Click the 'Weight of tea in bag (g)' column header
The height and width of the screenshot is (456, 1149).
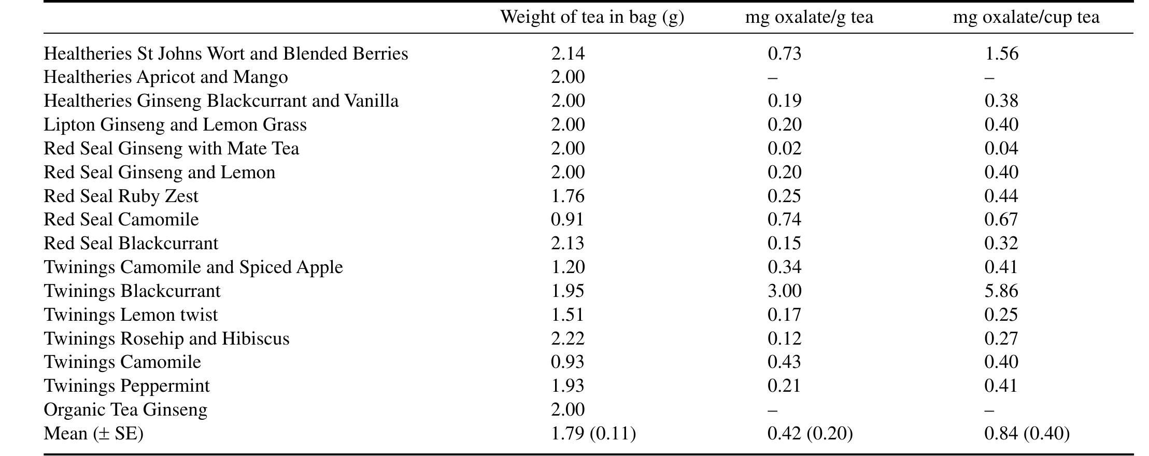tap(592, 18)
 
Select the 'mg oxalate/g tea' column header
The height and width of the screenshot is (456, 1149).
tap(809, 18)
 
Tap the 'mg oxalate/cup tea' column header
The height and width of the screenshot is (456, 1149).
tap(1026, 18)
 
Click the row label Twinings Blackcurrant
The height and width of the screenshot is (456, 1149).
tap(132, 291)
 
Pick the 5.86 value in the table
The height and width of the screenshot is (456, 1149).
tap(1001, 291)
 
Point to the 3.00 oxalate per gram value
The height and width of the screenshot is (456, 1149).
tap(785, 291)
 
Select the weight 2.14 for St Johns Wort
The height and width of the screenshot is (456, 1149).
tap(568, 54)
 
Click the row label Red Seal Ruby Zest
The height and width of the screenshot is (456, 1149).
tap(121, 196)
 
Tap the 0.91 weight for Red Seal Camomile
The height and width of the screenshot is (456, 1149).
tap(568, 220)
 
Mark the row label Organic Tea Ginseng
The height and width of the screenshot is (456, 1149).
tap(125, 410)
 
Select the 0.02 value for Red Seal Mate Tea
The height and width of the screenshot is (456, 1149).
tap(785, 149)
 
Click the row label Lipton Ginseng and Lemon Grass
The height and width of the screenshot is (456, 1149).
tap(175, 125)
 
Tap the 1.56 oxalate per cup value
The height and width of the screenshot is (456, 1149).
tap(1001, 54)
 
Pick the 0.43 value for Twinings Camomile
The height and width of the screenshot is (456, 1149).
tap(785, 362)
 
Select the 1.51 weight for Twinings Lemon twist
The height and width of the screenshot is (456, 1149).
tap(568, 315)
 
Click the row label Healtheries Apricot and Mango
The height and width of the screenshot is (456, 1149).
tap(166, 77)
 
